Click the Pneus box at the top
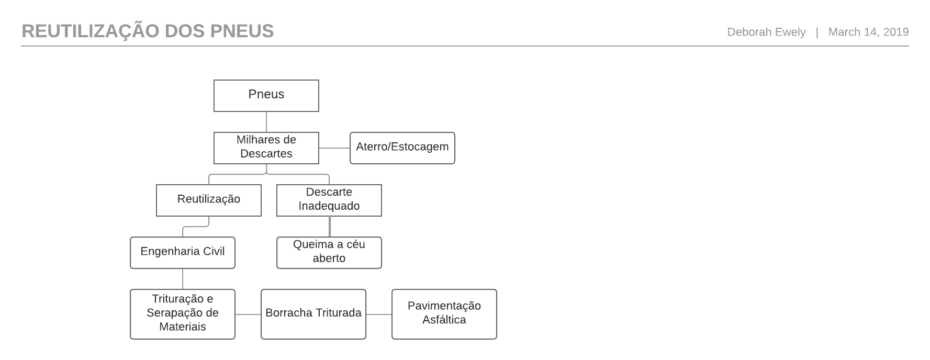pos(266,96)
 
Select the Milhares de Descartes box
pos(266,148)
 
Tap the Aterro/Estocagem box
pos(402,148)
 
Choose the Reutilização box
pos(209,200)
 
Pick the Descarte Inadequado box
pos(329,200)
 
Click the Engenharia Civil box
pos(183,253)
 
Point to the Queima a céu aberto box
pos(329,253)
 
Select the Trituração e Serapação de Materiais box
pos(183,314)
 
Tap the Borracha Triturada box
pos(313,314)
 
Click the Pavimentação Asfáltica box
pos(444,314)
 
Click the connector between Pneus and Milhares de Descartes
pos(266,122)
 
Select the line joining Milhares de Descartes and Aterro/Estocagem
pos(334,148)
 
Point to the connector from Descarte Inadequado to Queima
pos(330,227)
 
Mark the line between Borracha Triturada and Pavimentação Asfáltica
pos(379,314)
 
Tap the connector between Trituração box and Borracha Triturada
pos(248,314)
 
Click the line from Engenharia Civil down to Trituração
pos(183,279)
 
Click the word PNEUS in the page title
pos(242,31)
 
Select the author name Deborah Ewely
pos(766,32)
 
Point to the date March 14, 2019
pos(869,32)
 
